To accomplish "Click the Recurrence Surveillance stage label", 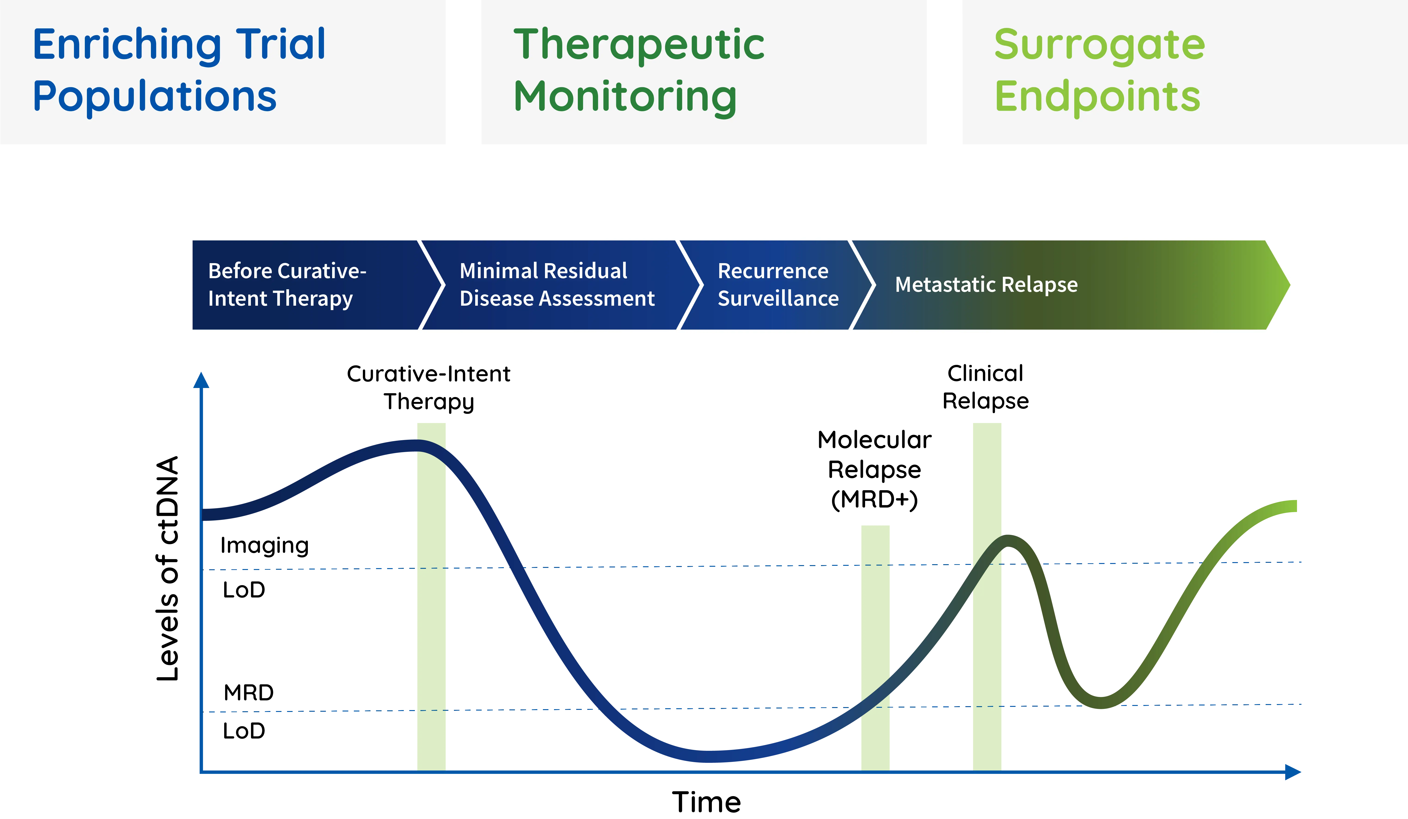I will coord(778,285).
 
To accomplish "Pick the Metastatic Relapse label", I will coord(986,285).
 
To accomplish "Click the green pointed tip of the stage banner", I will coord(1282,285).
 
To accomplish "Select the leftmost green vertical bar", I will coord(431,615).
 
